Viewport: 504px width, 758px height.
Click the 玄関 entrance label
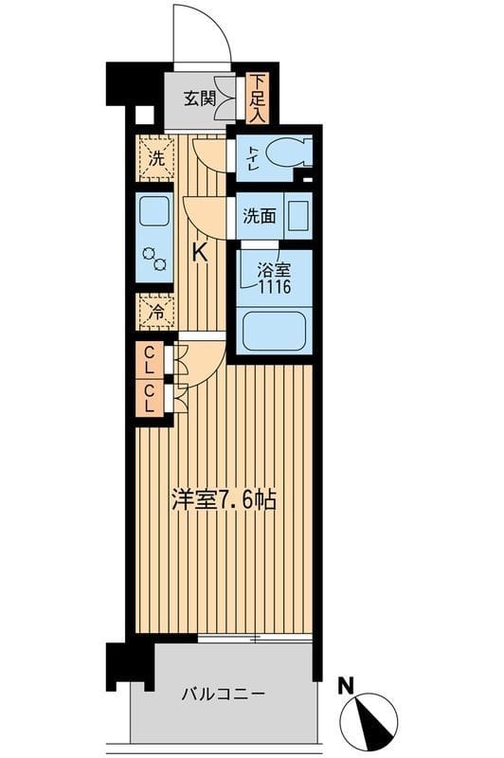tap(198, 98)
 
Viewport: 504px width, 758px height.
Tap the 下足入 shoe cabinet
tap(258, 98)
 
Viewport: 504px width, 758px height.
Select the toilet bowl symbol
tap(285, 152)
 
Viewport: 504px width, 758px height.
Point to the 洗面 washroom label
tap(259, 215)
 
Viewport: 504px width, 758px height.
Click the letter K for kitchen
tap(200, 252)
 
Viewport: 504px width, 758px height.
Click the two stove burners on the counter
tap(153, 259)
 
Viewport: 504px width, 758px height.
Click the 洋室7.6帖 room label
tap(225, 499)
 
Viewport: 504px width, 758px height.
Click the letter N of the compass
tap(348, 682)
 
